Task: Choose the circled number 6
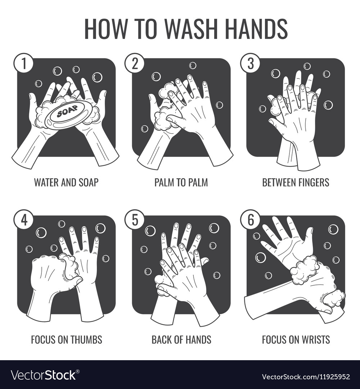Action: (x=249, y=220)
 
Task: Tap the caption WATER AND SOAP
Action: (x=66, y=182)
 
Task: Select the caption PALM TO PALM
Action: (x=181, y=182)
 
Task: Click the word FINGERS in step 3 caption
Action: (x=312, y=182)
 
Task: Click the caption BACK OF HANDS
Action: (x=181, y=339)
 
